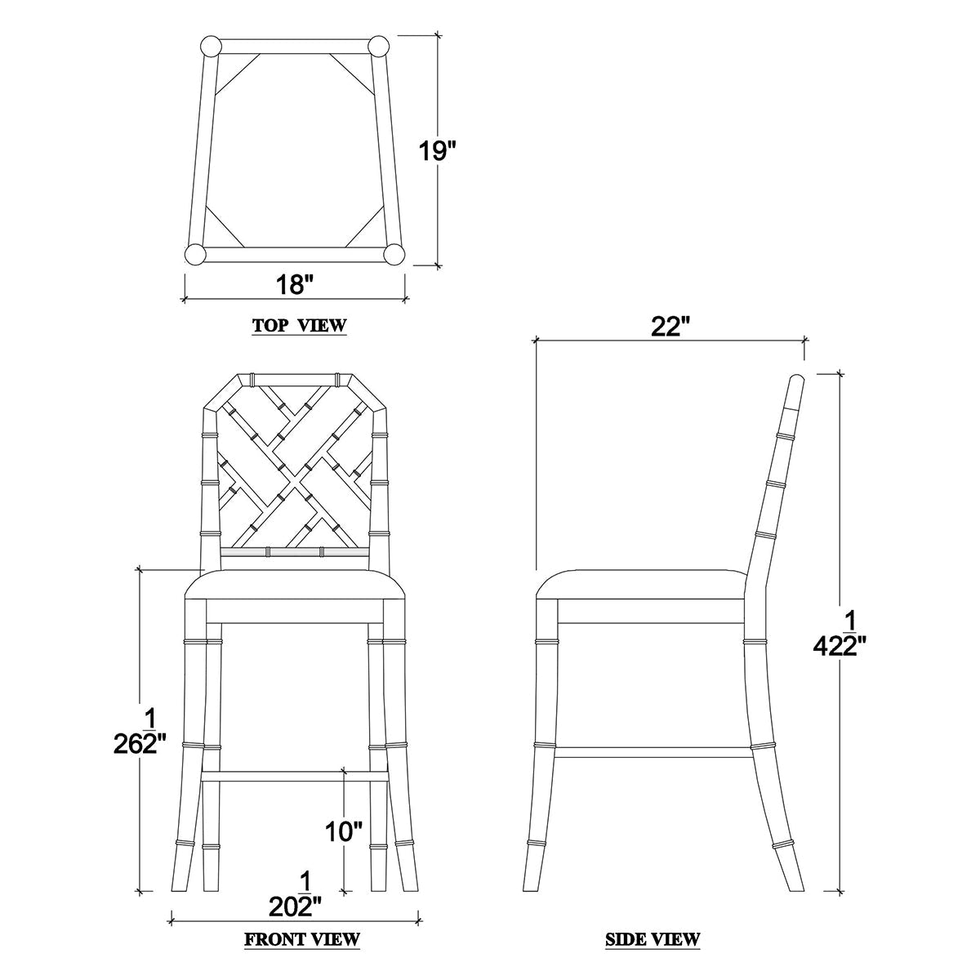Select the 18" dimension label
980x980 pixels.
[295, 285]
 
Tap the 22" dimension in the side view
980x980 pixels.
[670, 327]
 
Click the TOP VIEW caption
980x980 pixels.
[300, 325]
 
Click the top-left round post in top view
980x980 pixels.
[210, 47]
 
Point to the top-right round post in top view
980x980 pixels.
[377, 47]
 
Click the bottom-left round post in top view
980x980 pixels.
[196, 254]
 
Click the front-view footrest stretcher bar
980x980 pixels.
[294, 774]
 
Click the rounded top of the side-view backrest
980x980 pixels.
[796, 381]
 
